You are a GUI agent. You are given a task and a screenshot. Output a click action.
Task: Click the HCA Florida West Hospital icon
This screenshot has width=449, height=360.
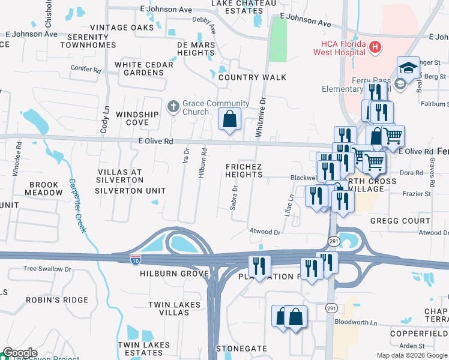375,46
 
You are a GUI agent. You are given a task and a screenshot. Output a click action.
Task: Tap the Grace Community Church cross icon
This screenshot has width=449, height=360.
173,107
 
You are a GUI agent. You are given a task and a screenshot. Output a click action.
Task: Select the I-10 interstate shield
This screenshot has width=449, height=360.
136,260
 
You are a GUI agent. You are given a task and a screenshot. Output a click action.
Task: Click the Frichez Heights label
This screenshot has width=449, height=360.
244,170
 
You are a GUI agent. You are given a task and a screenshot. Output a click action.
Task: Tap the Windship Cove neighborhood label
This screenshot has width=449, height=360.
137,118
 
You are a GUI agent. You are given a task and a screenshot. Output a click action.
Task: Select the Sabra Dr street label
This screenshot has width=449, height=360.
234,197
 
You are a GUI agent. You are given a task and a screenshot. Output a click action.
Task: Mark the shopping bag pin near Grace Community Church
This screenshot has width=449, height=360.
229,120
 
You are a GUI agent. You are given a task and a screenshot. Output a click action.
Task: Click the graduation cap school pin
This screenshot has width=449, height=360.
408,69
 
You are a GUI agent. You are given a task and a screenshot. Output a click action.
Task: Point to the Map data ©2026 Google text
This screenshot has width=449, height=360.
412,355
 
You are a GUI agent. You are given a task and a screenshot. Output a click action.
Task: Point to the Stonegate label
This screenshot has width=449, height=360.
241,348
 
